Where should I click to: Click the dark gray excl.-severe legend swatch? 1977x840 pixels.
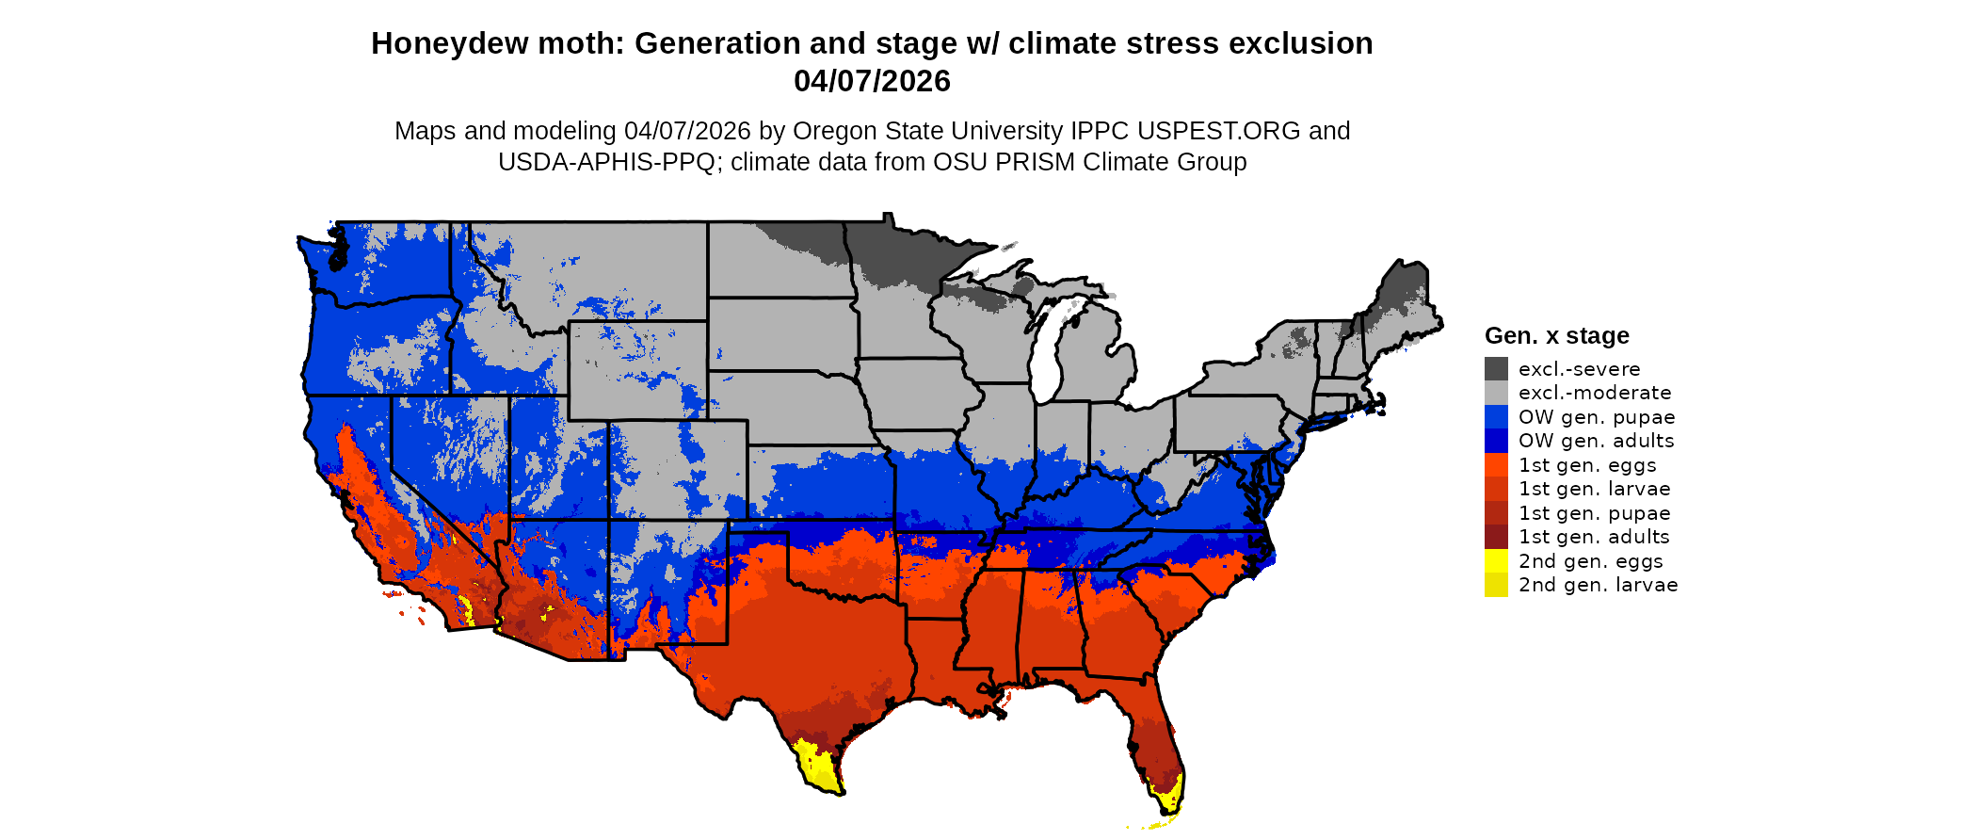coord(1496,369)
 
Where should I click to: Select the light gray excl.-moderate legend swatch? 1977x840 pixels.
coord(1496,393)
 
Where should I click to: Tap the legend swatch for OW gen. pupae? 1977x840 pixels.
coord(1496,417)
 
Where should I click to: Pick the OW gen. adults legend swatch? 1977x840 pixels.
coord(1496,441)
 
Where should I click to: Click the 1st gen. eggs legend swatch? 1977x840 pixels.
coord(1496,465)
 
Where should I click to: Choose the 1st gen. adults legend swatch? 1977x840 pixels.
coord(1496,537)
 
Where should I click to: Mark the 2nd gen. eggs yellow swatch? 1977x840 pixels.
coord(1496,561)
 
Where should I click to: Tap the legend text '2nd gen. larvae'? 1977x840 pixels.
coord(1598,585)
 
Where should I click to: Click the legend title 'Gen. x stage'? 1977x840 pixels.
coord(1556,336)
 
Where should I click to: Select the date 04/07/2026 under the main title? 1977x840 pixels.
coord(872,82)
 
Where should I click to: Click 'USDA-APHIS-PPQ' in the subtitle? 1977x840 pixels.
coord(606,162)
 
